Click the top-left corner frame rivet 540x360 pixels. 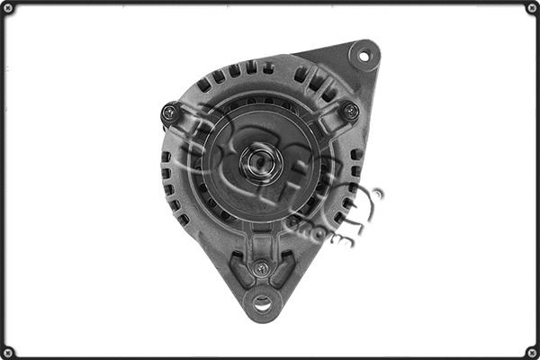[x=8, y=8]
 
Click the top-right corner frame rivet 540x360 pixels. [x=532, y=8]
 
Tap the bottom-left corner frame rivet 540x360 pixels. [x=8, y=352]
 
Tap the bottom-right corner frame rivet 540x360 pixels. [x=532, y=352]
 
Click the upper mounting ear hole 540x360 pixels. [x=364, y=56]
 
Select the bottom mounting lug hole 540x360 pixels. [x=262, y=302]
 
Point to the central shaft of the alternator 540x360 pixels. [x=262, y=162]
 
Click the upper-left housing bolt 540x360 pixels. [x=168, y=112]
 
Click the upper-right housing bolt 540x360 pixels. [x=350, y=112]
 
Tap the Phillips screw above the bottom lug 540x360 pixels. [x=261, y=267]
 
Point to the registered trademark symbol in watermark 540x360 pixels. [x=377, y=193]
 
